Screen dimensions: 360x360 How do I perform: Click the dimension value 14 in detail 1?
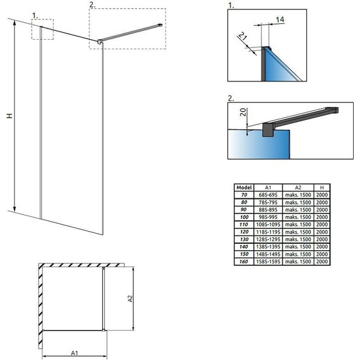click(280, 20)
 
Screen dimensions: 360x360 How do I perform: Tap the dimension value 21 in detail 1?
click(243, 36)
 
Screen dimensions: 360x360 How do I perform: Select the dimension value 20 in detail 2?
click(243, 112)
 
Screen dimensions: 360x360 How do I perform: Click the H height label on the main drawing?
click(9, 116)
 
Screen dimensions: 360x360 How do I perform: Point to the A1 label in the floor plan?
click(75, 352)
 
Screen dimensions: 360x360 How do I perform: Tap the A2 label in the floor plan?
click(130, 299)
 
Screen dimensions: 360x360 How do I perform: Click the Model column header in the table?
click(244, 188)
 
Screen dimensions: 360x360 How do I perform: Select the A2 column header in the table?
click(298, 188)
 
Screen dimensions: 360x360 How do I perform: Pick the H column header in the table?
click(322, 188)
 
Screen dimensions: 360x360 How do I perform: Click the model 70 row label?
click(244, 195)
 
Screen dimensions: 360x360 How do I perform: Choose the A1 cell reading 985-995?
click(268, 217)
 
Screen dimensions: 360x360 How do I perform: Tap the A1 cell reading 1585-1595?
click(268, 261)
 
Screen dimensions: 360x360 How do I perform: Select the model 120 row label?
click(244, 232)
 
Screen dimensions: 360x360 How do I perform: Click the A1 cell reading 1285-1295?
click(268, 239)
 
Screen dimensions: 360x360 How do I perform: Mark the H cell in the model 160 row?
click(322, 261)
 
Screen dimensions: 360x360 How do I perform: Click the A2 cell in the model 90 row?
click(298, 210)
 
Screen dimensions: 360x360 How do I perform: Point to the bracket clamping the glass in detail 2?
click(268, 130)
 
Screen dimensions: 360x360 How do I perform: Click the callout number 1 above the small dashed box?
click(35, 16)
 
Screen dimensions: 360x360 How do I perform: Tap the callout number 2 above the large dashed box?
click(92, 5)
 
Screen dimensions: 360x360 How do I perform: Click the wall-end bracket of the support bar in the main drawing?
click(160, 25)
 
